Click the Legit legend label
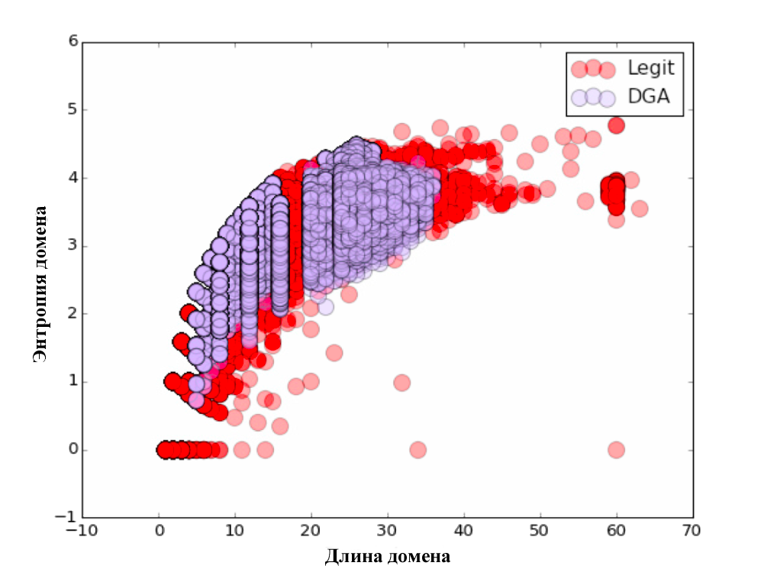(650, 68)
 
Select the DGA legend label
(644, 97)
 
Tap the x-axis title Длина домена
(388, 555)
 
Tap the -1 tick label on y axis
(69, 517)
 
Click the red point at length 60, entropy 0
(616, 450)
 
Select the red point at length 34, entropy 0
(418, 450)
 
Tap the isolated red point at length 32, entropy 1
(402, 382)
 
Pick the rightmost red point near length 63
(640, 208)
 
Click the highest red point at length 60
(616, 124)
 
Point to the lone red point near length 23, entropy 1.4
(334, 353)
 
